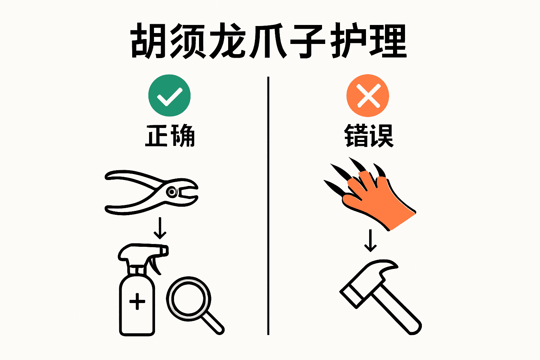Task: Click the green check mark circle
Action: pos(169,95)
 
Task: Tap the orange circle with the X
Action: pos(368,95)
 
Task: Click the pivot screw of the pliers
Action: pos(172,192)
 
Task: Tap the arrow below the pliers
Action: pos(160,228)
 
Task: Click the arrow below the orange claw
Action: pos(370,241)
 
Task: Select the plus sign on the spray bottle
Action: pos(137,301)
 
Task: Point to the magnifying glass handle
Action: pos(212,322)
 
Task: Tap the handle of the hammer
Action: pos(397,309)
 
